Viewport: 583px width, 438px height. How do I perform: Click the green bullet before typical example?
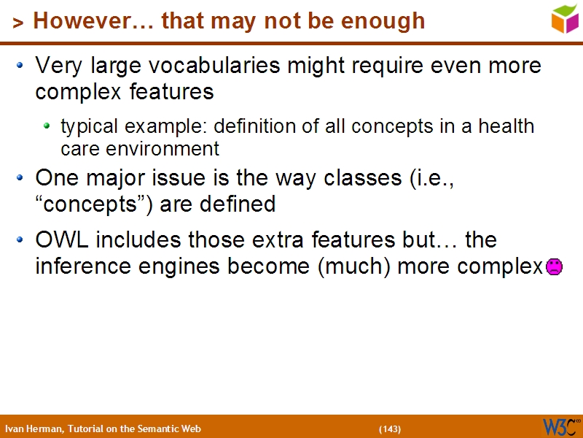click(47, 126)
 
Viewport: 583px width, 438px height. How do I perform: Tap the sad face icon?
click(554, 266)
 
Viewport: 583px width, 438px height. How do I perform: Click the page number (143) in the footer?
click(390, 429)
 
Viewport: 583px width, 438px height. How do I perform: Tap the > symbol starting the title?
click(17, 23)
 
